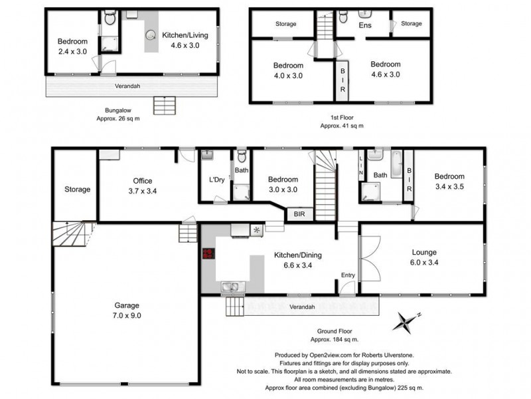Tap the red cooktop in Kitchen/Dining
[x=208, y=253]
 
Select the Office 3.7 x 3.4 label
[x=142, y=186]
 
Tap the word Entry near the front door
[x=348, y=275]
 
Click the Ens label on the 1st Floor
[x=365, y=25]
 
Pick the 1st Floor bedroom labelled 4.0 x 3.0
[x=288, y=70]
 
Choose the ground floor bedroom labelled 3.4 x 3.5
[x=449, y=181]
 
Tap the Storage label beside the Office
[x=77, y=190]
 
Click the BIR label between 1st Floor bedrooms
[x=343, y=80]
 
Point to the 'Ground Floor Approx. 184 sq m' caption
[x=344, y=334]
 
